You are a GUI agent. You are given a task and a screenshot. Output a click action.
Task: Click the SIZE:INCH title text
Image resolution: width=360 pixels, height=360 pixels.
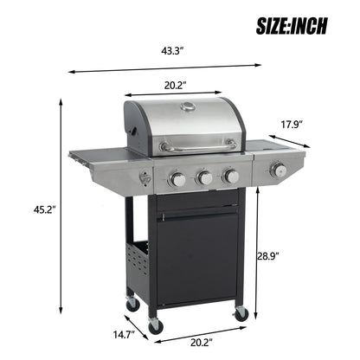pos(291,26)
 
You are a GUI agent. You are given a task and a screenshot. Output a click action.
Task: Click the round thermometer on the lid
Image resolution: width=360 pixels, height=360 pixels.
pos(188,108)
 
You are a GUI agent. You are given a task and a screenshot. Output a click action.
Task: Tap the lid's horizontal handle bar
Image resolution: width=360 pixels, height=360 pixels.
pos(197,145)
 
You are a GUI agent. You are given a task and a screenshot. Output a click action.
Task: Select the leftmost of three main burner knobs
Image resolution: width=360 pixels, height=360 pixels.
pos(177,179)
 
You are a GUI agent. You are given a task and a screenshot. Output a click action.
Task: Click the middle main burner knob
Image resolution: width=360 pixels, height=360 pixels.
pos(204,177)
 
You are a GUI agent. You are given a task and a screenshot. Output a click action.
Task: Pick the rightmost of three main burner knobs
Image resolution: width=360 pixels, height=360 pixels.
pos(231,176)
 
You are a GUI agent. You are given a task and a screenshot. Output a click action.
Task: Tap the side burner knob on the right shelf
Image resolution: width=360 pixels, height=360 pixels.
pos(278,170)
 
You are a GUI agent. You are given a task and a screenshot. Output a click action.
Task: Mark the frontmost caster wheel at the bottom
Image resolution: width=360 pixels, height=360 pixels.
pos(156,325)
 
